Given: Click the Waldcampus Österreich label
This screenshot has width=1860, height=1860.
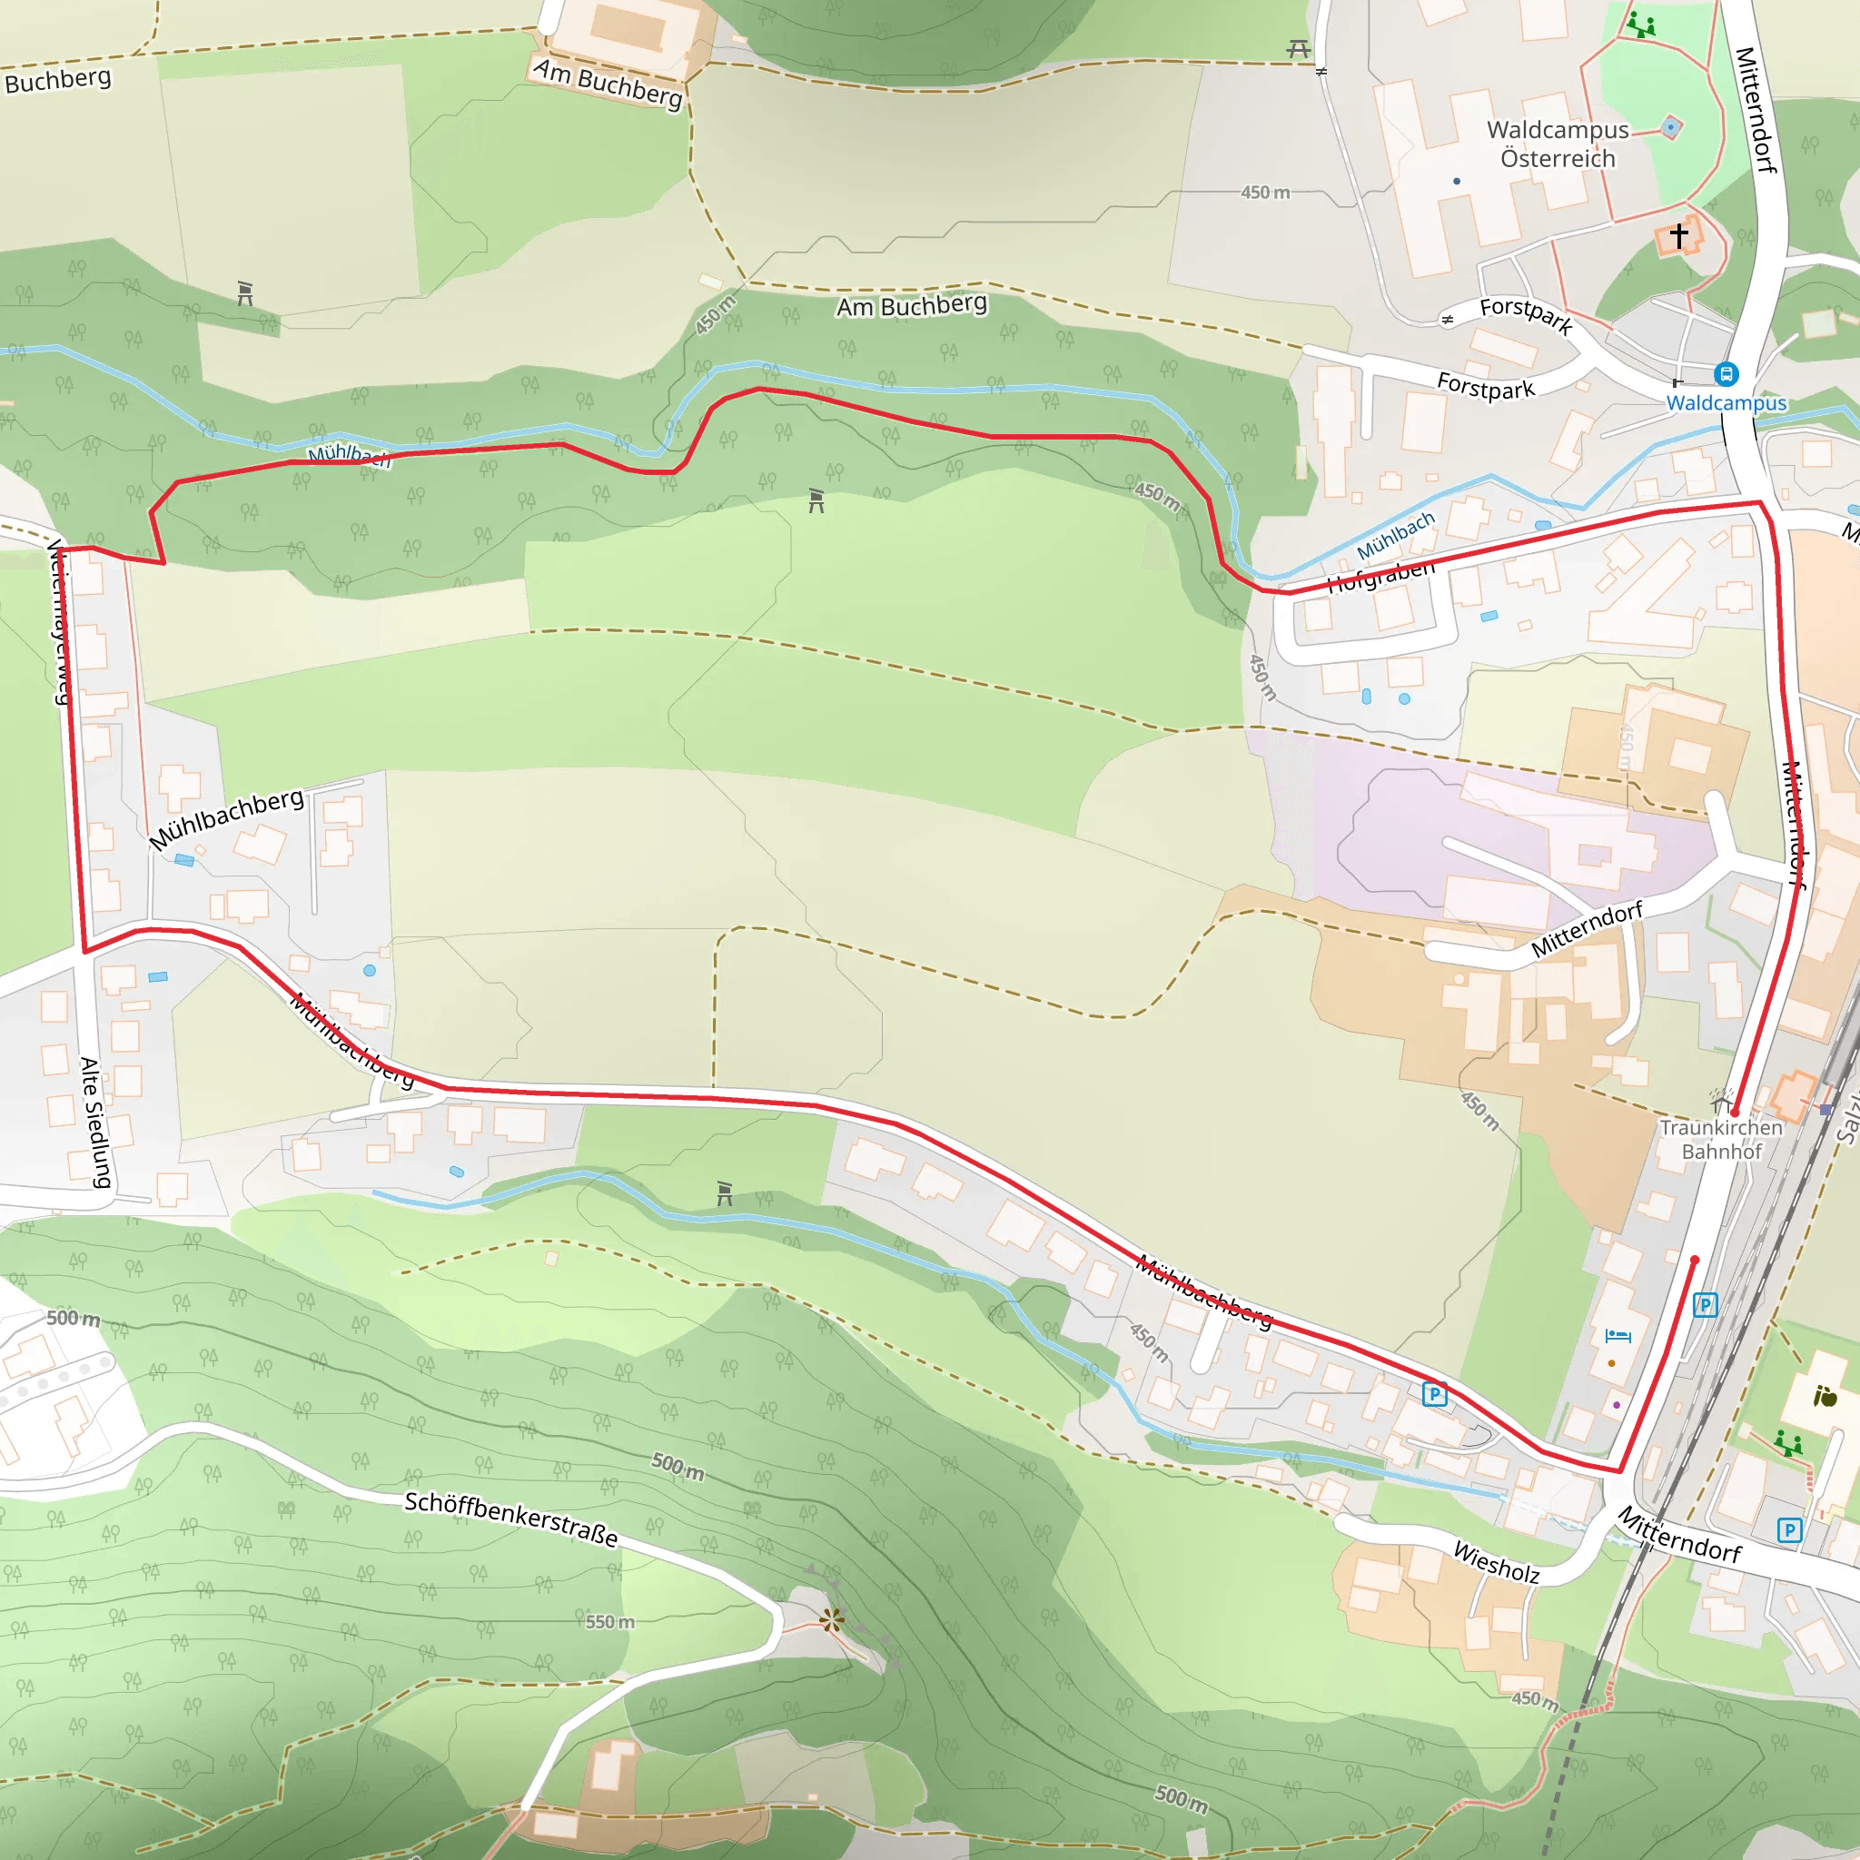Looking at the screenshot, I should pos(1558,144).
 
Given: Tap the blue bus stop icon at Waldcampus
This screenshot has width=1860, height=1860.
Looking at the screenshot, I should pos(1726,374).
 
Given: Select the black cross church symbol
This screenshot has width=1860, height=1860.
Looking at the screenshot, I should pos(1679,235).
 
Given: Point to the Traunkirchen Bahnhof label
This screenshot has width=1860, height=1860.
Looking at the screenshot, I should pos(1721,1139).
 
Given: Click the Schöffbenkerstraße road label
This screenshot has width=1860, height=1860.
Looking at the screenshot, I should pos(510,1519).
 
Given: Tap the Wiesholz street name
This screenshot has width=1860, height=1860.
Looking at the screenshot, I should pos(1496,1561).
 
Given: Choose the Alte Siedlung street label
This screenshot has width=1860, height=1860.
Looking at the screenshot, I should pos(94,1122).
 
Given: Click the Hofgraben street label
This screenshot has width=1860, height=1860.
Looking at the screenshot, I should pos(1380,576).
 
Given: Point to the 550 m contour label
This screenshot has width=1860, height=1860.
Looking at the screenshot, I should pos(610,1622).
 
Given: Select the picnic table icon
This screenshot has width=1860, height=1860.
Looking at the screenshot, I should pos(1298,48).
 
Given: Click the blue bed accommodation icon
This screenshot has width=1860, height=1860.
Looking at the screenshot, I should pos(1618,1336).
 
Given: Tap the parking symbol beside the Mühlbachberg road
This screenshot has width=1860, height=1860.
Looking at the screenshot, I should pos(1434,1393).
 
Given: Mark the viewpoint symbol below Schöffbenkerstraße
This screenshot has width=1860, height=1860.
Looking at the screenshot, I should pos(832,1620).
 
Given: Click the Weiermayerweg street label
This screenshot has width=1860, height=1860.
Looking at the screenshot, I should pos(59,621).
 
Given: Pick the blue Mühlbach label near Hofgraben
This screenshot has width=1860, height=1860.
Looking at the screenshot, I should pos(1395,536).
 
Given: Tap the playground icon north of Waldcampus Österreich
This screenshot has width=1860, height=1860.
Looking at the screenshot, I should pos(1641,25).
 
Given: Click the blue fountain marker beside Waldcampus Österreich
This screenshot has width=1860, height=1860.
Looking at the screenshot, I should pos(1671,127).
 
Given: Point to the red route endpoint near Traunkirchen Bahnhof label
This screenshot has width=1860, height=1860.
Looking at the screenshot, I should pos(1735,1112).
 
